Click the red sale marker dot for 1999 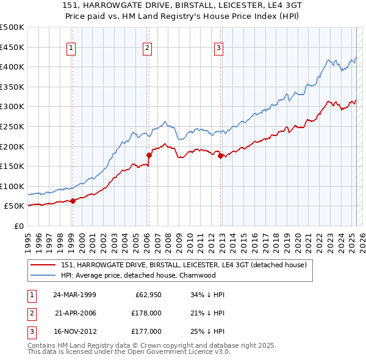pyautogui.click(x=73, y=201)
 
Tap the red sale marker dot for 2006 pyautogui.click(x=149, y=155)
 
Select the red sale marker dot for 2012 pyautogui.click(x=220, y=156)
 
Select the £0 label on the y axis pyautogui.click(x=18, y=226)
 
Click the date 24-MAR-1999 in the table pyautogui.click(x=74, y=295)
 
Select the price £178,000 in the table pyautogui.click(x=146, y=313)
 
